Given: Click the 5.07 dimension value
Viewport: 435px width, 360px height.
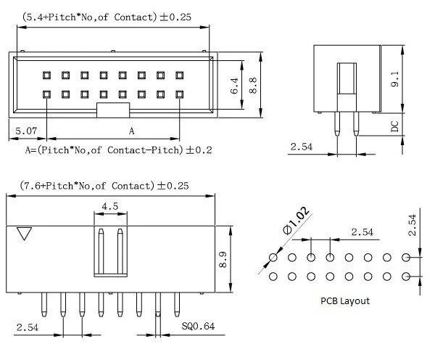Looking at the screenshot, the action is [x=26, y=131].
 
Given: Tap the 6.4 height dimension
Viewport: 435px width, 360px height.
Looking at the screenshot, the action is [x=234, y=86].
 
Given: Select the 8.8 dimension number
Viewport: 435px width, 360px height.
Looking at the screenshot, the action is [x=253, y=85].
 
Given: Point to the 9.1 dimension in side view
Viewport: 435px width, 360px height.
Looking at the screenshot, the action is [x=394, y=79].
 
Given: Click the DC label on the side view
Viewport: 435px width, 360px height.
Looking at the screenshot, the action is [x=394, y=126].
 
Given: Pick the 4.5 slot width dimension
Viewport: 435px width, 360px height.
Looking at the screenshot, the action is [x=110, y=206].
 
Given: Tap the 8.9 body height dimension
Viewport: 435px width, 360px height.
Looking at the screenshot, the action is [x=223, y=259].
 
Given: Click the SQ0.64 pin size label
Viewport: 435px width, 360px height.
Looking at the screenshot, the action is [x=198, y=326].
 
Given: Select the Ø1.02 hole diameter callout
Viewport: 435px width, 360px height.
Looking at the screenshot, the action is [x=296, y=221].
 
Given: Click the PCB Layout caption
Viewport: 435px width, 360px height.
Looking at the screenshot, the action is [x=345, y=300].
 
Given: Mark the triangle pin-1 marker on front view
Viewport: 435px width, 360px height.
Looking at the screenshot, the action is [x=24, y=233].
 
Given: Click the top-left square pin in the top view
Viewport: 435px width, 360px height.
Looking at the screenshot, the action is [x=46, y=75].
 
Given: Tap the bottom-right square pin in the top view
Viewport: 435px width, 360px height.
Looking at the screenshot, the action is [x=180, y=94].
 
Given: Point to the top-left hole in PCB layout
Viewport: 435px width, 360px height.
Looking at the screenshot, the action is [x=273, y=258].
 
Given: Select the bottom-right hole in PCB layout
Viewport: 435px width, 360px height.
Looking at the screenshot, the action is [x=406, y=277].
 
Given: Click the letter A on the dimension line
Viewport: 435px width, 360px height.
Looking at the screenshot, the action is [x=131, y=131].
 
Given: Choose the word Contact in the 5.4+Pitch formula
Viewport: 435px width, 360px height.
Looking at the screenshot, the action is [x=133, y=17].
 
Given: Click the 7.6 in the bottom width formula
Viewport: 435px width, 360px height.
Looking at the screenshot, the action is [x=30, y=186].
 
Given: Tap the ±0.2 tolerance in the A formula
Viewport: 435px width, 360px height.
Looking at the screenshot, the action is [x=199, y=150].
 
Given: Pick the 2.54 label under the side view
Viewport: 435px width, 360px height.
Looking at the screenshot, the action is [x=302, y=147].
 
